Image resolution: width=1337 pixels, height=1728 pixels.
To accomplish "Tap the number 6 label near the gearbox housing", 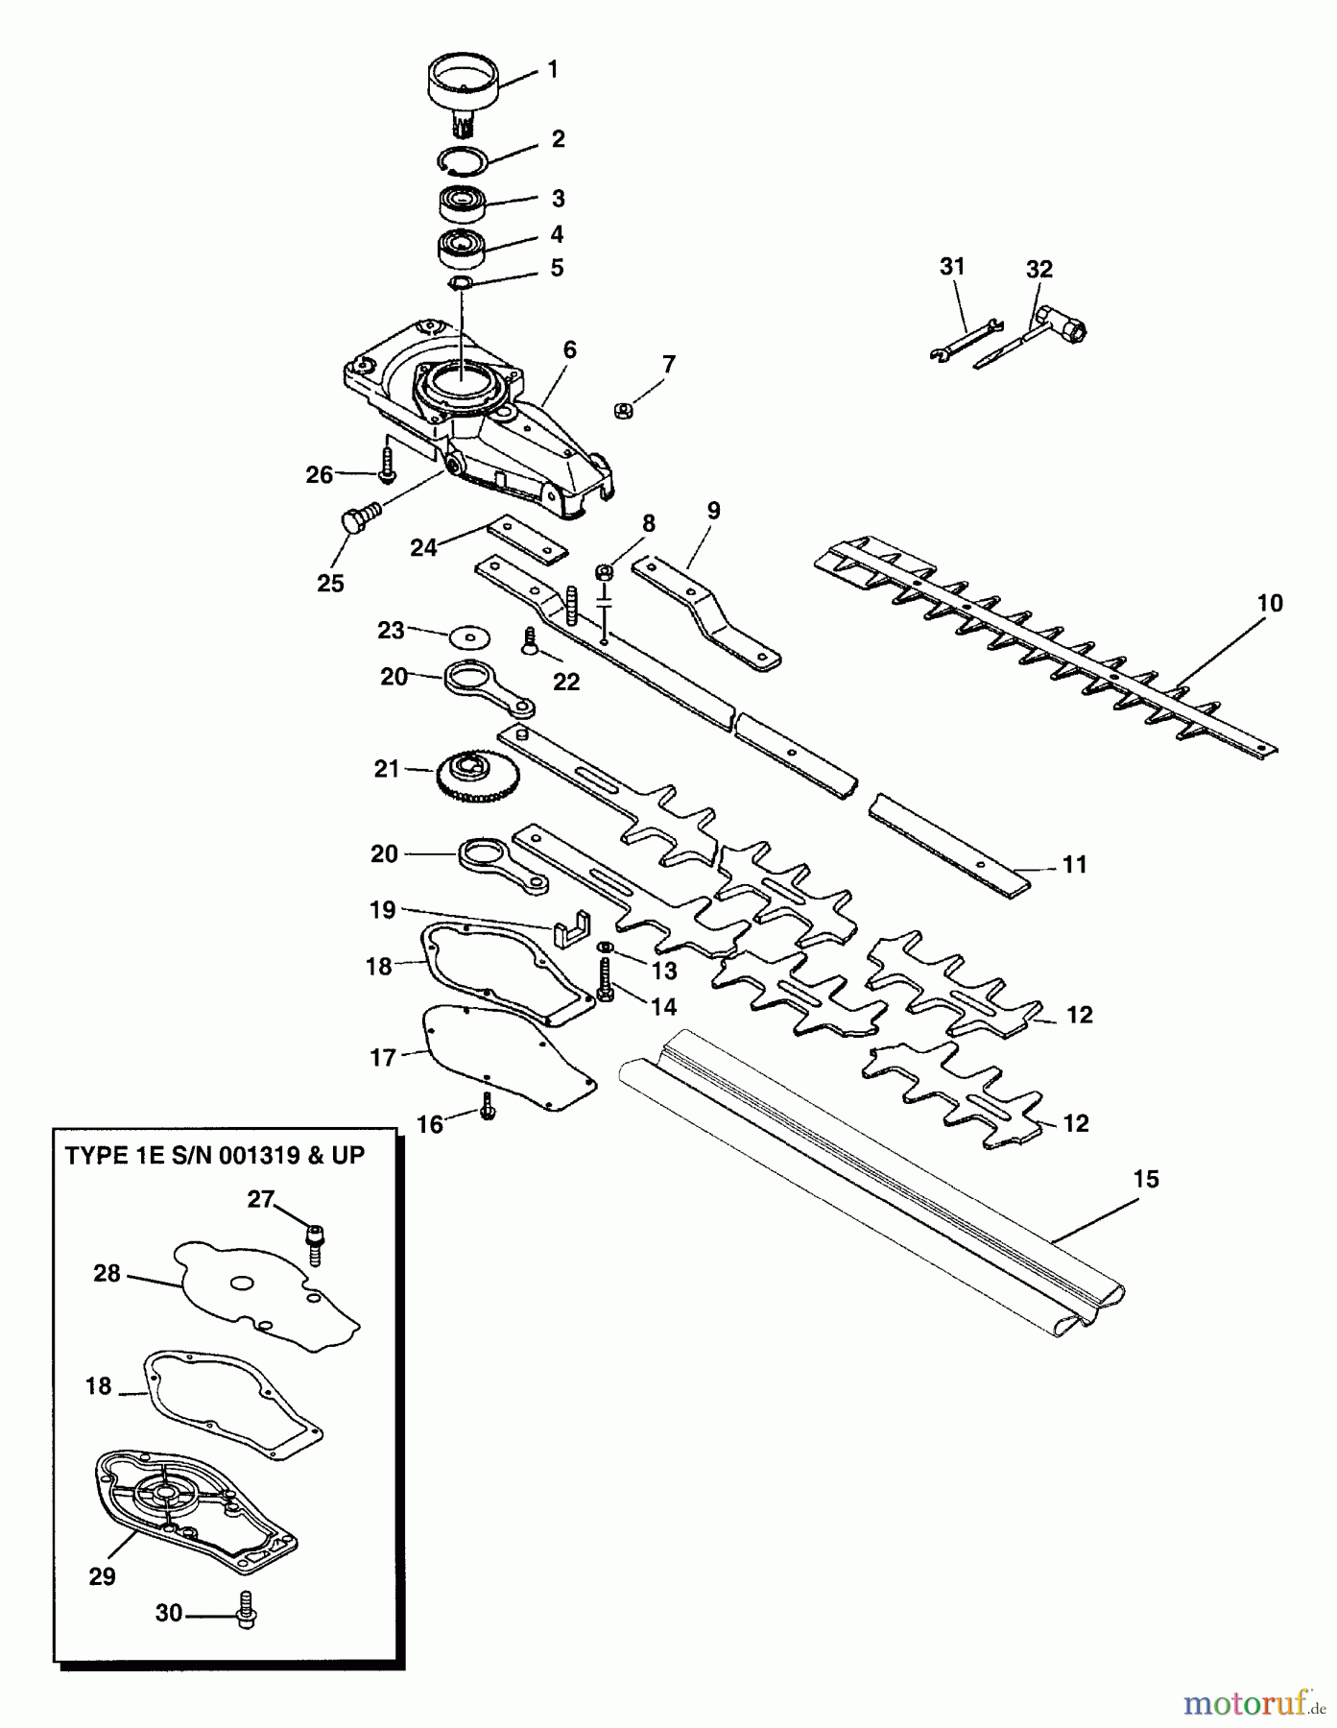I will [569, 350].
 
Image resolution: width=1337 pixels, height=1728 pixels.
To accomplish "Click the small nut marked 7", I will [622, 411].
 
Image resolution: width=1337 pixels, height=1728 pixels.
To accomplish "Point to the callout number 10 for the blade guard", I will [1269, 604].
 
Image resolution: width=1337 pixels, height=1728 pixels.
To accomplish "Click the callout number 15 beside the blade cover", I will [1146, 1179].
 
